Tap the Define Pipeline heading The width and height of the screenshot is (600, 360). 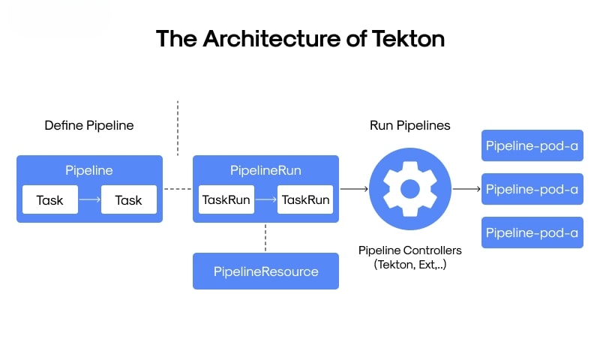pyautogui.click(x=89, y=125)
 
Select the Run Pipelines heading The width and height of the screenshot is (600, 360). pyautogui.click(x=410, y=125)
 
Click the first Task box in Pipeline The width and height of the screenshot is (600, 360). pyautogui.click(x=50, y=200)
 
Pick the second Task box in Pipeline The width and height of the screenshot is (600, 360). pyautogui.click(x=129, y=200)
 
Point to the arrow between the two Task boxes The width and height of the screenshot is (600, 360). pyautogui.click(x=89, y=200)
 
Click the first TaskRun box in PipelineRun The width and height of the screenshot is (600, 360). pyautogui.click(x=226, y=200)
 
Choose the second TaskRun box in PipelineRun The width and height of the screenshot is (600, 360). pyautogui.click(x=305, y=200)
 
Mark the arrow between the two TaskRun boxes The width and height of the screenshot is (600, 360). pyautogui.click(x=265, y=200)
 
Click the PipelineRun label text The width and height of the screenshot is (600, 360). pyautogui.click(x=265, y=170)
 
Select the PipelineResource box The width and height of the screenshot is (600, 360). pyautogui.click(x=265, y=271)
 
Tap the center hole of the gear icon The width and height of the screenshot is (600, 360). pyautogui.click(x=410, y=189)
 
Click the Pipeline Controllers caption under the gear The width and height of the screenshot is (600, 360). pyautogui.click(x=410, y=250)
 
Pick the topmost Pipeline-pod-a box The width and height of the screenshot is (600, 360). pyautogui.click(x=532, y=146)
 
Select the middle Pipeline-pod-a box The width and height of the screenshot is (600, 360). pyautogui.click(x=532, y=189)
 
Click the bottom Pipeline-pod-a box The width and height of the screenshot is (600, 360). pyautogui.click(x=532, y=232)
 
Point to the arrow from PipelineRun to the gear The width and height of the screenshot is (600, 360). pyautogui.click(x=354, y=189)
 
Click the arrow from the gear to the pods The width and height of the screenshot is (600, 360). pyautogui.click(x=466, y=189)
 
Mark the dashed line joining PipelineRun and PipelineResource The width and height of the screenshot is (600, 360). pyautogui.click(x=265, y=238)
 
